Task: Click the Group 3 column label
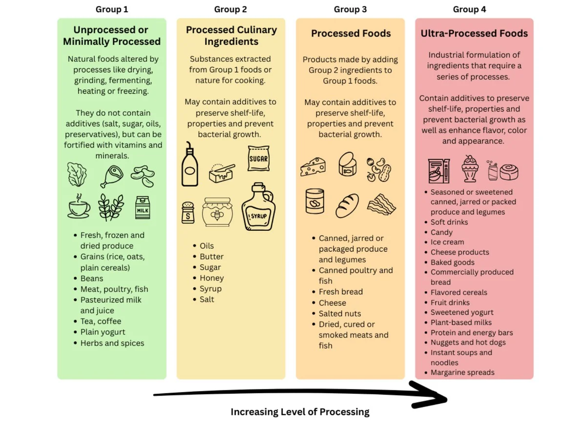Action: click(x=350, y=9)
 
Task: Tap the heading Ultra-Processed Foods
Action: click(x=474, y=34)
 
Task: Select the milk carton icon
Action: click(x=142, y=207)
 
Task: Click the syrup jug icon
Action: click(x=258, y=207)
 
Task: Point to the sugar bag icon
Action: click(x=258, y=158)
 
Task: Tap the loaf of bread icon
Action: click(x=347, y=205)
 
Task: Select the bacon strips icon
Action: click(x=381, y=204)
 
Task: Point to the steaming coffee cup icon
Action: click(x=79, y=207)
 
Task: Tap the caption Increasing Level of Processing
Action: click(x=300, y=412)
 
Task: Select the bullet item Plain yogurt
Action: click(x=103, y=332)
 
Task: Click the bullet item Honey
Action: click(x=211, y=278)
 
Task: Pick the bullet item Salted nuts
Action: click(x=340, y=314)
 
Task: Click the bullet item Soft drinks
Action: click(x=449, y=222)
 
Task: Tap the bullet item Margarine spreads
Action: click(x=462, y=373)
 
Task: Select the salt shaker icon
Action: click(x=188, y=213)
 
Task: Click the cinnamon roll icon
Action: click(x=508, y=172)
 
